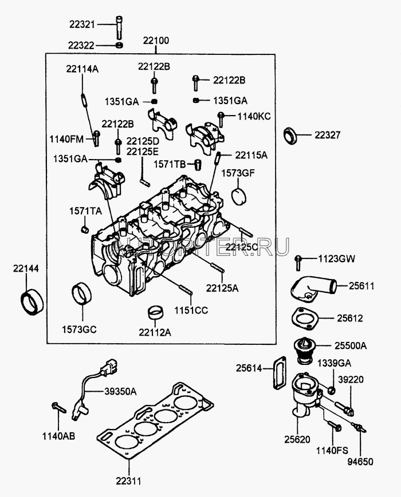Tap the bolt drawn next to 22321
[x=119, y=26]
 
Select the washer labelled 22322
[x=119, y=45]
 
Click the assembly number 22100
[x=156, y=42]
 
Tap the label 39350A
[x=120, y=391]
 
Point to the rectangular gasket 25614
[x=279, y=372]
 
